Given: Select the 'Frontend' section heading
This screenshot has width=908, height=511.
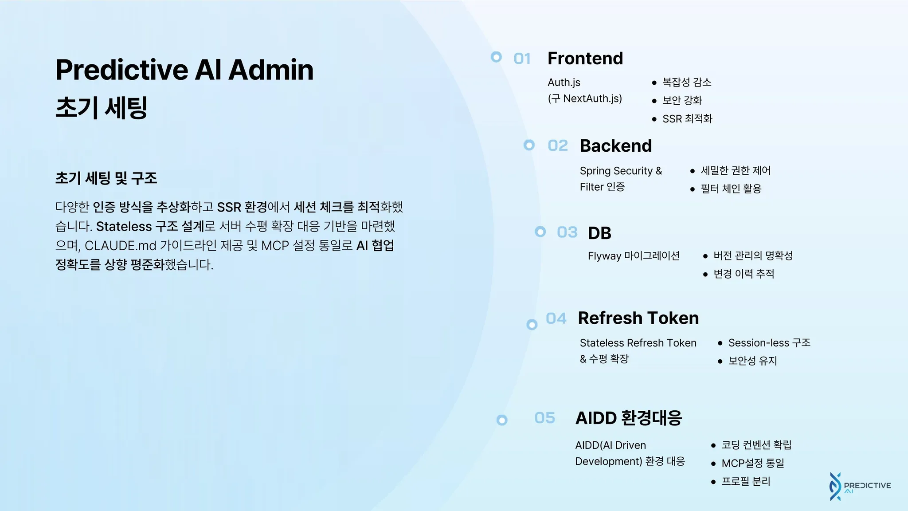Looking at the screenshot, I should tap(585, 59).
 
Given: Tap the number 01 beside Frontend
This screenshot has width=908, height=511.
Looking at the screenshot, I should tap(522, 59).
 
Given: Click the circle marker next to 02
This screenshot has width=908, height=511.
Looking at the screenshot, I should tap(529, 145).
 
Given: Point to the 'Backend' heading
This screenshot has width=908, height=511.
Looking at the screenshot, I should tap(615, 146).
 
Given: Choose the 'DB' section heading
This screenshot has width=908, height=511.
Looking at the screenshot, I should tap(599, 233).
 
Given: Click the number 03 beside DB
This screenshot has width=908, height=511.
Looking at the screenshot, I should tap(567, 232).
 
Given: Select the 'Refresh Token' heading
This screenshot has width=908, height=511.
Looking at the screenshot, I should tap(638, 318).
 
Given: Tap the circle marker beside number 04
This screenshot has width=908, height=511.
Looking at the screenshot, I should tap(532, 325).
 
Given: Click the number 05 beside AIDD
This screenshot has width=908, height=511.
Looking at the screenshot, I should tap(544, 418).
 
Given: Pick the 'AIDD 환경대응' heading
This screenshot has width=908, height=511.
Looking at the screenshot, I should tap(628, 418).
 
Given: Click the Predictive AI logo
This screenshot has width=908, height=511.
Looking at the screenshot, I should tap(860, 487).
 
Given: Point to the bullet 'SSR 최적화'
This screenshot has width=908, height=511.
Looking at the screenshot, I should tap(687, 119).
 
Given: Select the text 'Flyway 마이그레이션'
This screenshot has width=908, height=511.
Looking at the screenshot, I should tap(634, 256).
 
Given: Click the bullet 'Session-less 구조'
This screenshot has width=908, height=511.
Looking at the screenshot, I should tap(769, 343).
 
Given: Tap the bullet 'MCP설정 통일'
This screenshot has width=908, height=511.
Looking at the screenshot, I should tap(753, 463).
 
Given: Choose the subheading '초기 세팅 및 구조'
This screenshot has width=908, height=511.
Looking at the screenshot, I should tap(106, 178).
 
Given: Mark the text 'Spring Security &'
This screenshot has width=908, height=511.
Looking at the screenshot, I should tap(621, 171).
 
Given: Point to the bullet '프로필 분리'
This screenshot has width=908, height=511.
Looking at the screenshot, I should tap(746, 481).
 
